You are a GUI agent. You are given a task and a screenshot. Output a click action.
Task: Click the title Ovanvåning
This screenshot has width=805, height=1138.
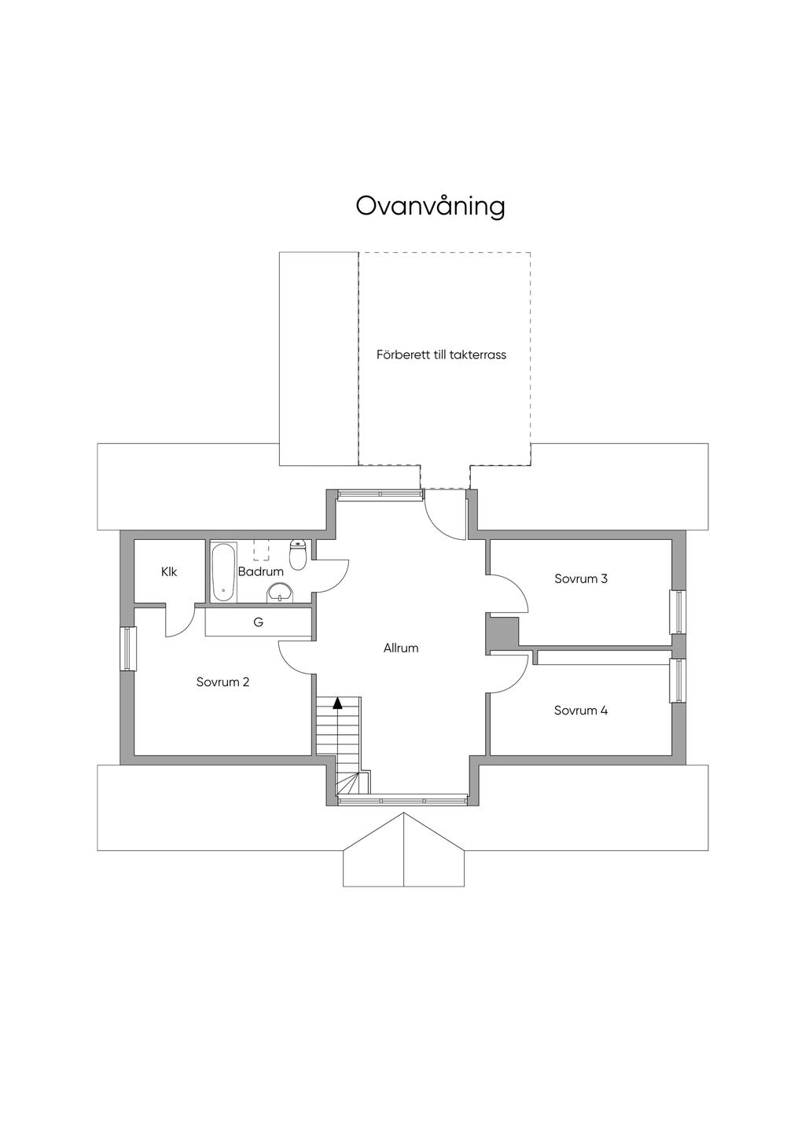[x=430, y=206]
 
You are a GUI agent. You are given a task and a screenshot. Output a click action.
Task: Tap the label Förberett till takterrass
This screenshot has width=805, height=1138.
[x=441, y=354]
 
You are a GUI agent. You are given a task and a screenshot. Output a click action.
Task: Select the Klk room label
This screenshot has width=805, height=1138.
[x=169, y=571]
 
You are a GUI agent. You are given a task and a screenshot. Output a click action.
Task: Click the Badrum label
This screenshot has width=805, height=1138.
[x=260, y=572]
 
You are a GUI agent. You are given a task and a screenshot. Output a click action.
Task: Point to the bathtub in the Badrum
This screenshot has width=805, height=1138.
[x=223, y=571]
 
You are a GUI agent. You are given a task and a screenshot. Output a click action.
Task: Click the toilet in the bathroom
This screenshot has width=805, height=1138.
[x=298, y=555]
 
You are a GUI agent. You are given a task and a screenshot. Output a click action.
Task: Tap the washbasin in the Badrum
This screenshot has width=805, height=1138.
[x=279, y=593]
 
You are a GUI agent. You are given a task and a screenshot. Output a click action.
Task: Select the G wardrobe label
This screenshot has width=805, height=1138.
[x=258, y=622]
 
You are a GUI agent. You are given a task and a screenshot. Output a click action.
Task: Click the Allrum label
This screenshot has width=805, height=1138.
[x=401, y=648]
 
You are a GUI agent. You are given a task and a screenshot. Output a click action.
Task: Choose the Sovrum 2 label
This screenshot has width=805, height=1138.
[x=222, y=682]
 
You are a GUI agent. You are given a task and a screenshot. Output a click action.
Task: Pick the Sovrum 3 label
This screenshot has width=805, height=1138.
[x=581, y=578]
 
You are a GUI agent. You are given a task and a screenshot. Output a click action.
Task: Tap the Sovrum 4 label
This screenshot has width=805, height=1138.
[x=581, y=710]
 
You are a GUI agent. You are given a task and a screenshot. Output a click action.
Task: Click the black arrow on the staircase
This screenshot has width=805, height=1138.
[x=338, y=703]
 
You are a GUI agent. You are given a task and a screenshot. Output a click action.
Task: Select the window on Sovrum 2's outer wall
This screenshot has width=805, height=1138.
[x=128, y=649]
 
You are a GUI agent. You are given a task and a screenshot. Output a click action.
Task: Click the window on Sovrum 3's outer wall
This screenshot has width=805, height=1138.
[x=678, y=611]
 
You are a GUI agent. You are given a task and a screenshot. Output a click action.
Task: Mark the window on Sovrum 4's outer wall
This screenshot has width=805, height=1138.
[x=678, y=681]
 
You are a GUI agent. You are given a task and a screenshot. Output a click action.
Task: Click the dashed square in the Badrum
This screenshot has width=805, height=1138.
[x=262, y=549]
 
